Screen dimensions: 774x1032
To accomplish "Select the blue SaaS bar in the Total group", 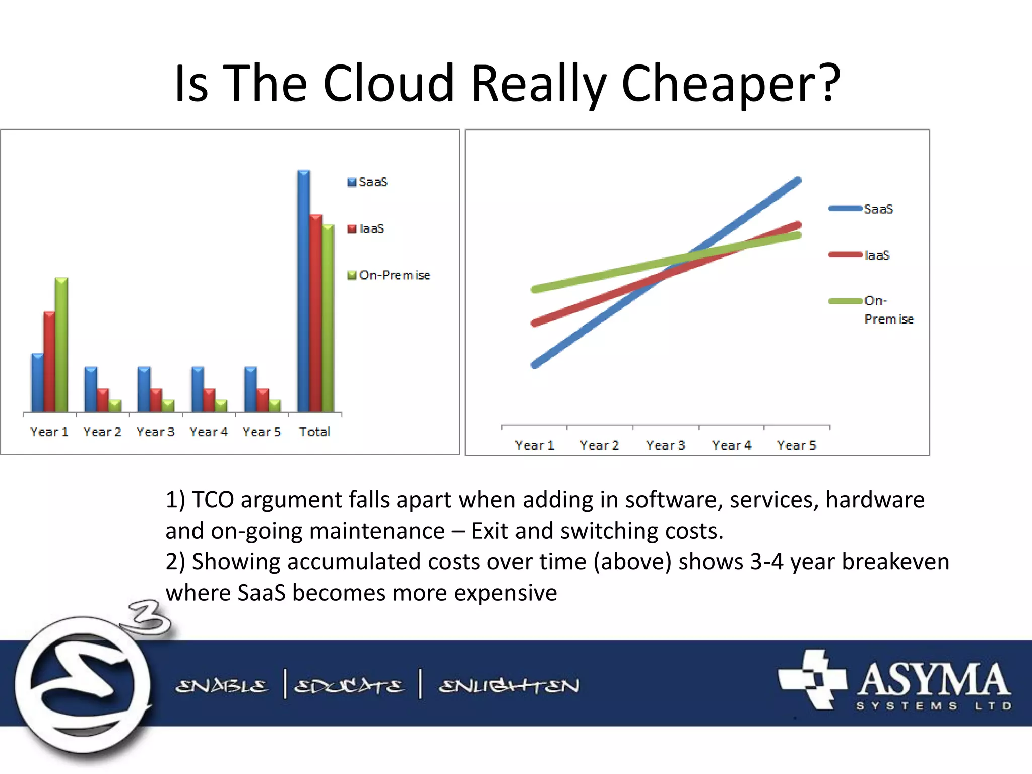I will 304,291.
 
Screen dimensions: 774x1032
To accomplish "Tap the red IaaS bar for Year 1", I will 49,361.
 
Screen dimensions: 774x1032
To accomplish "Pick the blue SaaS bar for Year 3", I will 144,389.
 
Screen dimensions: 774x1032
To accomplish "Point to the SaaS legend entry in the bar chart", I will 367,182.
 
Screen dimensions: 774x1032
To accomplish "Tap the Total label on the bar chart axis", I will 314,432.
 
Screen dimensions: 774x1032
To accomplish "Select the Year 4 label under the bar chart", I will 209,432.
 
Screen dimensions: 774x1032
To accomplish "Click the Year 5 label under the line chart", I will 796,445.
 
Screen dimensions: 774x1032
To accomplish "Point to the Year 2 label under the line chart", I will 599,445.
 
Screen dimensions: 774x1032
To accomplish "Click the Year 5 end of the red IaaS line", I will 797,225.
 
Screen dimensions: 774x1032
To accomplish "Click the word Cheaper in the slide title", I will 731,83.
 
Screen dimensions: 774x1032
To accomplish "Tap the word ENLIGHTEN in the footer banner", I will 509,686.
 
